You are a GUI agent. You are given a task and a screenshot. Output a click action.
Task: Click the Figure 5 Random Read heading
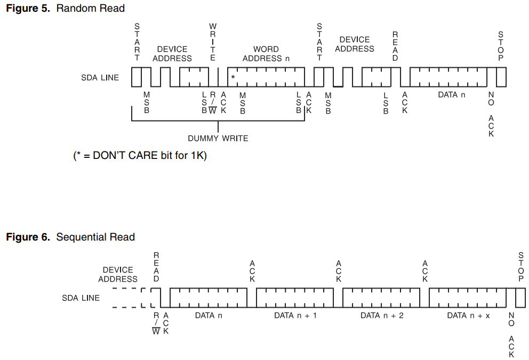pyautogui.click(x=65, y=8)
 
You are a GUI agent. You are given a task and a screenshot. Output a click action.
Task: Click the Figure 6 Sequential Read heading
pyautogui.click(x=70, y=237)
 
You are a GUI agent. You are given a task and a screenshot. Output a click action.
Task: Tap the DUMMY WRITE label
pyautogui.click(x=218, y=138)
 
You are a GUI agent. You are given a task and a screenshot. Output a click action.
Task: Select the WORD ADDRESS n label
pyautogui.click(x=266, y=53)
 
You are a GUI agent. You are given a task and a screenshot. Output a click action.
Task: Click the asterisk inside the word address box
pyautogui.click(x=233, y=78)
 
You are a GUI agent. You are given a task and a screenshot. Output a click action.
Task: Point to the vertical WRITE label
pyautogui.click(x=213, y=42)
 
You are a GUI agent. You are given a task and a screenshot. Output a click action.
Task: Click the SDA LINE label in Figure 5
pyautogui.click(x=100, y=78)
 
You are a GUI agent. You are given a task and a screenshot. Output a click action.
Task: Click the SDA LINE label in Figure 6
pyautogui.click(x=81, y=298)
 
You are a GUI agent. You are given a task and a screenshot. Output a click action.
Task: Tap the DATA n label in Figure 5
pyautogui.click(x=451, y=95)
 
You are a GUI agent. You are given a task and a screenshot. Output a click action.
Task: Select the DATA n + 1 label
pyautogui.click(x=295, y=316)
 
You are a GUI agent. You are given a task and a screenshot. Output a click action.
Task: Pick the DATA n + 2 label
pyautogui.click(x=382, y=316)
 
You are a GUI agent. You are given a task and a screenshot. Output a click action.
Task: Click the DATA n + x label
pyautogui.click(x=468, y=316)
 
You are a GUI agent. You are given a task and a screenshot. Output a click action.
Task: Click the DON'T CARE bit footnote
pyautogui.click(x=140, y=156)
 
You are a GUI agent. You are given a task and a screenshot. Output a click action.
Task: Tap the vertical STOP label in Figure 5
pyautogui.click(x=501, y=46)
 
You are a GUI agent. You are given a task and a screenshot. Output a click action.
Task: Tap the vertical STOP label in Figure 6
pyautogui.click(x=521, y=267)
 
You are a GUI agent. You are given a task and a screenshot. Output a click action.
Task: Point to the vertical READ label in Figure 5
pyautogui.click(x=395, y=46)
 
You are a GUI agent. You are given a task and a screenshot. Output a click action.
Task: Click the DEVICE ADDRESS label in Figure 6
pyautogui.click(x=118, y=274)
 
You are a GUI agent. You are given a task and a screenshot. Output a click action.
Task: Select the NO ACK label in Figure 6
pyautogui.click(x=511, y=335)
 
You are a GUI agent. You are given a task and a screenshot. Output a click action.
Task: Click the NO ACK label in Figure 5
pyautogui.click(x=491, y=114)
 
